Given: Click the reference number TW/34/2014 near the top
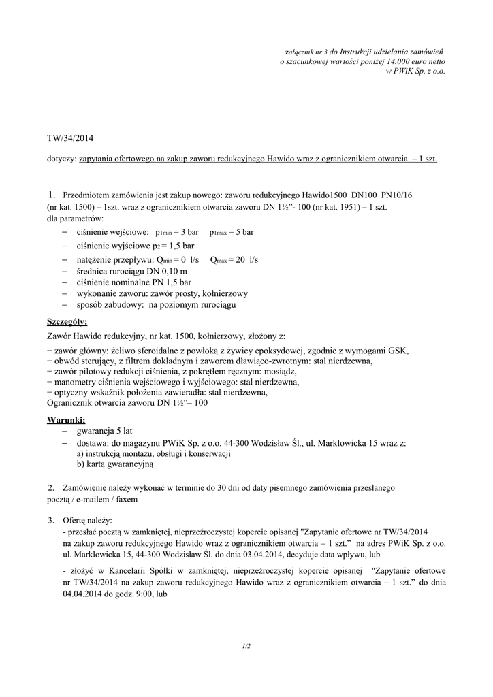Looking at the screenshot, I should (x=70, y=139).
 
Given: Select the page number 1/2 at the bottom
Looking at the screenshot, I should (x=246, y=645).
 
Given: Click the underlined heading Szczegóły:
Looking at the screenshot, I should (x=67, y=321).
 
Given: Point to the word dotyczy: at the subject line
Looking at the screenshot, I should (x=62, y=159).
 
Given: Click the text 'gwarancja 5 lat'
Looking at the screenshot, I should (x=105, y=432).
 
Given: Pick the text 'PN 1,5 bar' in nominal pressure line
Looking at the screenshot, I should (x=172, y=282).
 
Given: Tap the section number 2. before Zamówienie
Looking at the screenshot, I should (x=51, y=488).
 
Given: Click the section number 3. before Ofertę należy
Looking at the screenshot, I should (x=51, y=520).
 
